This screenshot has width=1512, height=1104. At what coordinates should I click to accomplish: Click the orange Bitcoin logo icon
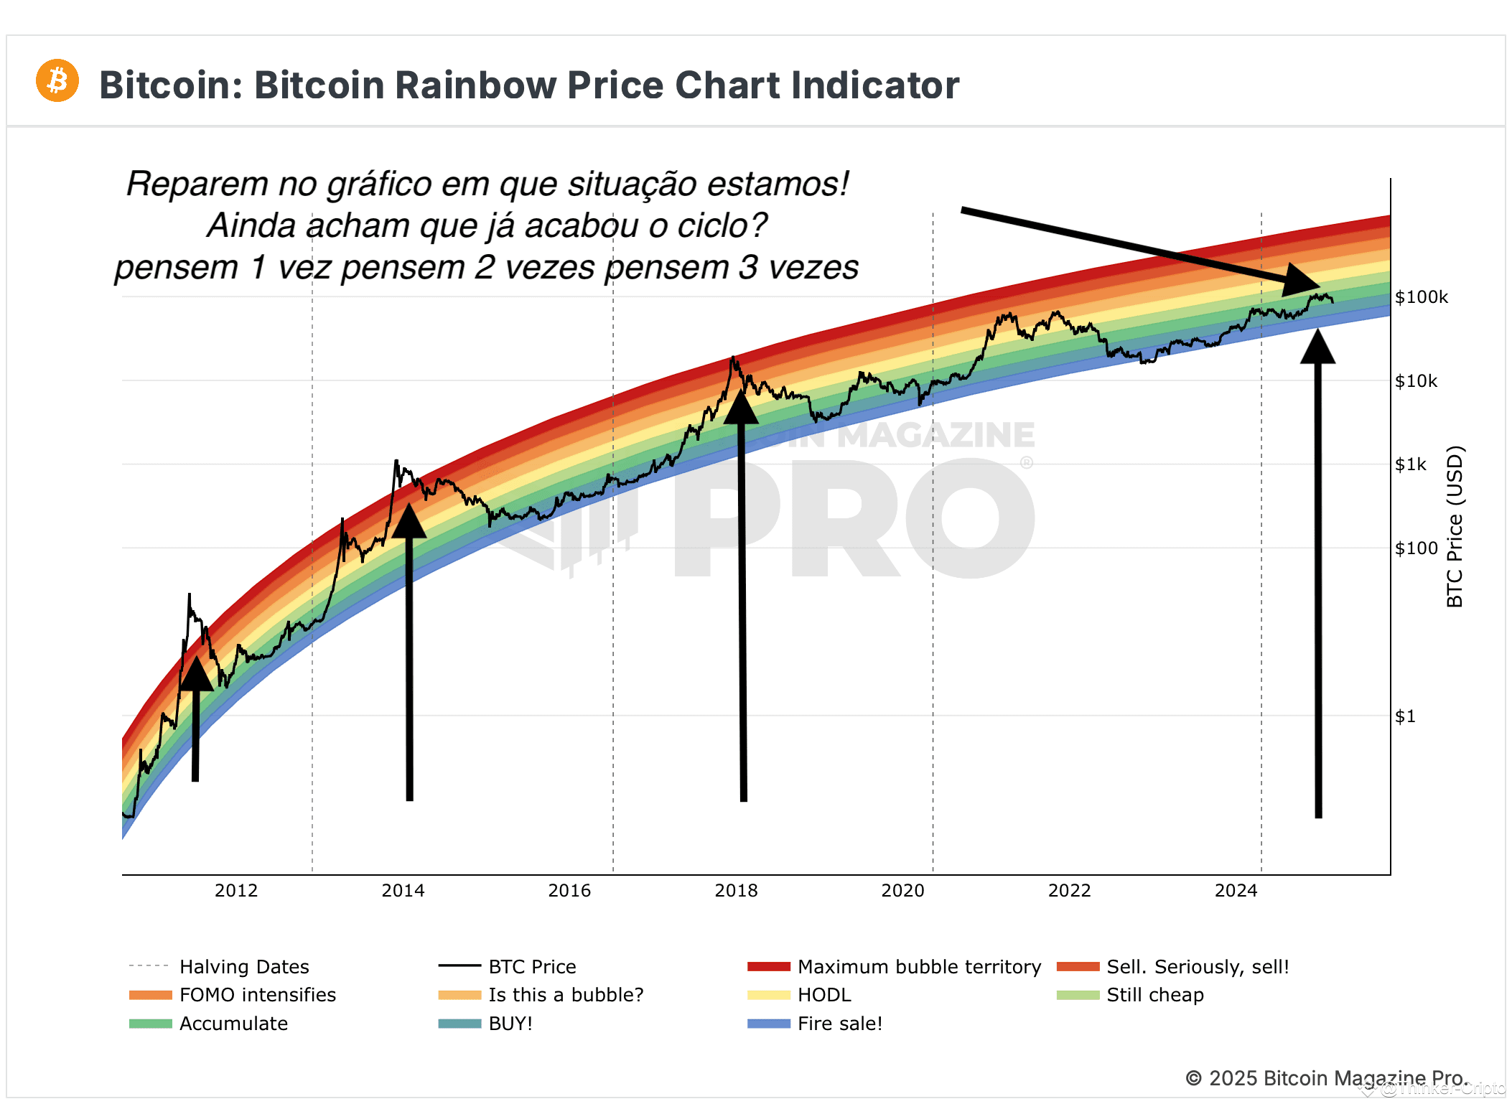click(57, 80)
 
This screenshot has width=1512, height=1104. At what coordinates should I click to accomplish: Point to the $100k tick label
click(1422, 297)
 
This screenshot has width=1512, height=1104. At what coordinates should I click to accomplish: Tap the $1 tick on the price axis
click(1405, 716)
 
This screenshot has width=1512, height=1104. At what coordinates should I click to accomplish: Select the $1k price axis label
click(1411, 464)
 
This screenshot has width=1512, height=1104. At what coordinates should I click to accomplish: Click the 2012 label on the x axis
click(236, 891)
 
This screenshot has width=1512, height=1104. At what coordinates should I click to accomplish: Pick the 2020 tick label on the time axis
click(902, 891)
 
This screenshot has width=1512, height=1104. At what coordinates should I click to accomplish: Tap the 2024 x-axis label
click(1236, 891)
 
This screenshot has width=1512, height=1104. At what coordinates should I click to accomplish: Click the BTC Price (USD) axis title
click(1455, 527)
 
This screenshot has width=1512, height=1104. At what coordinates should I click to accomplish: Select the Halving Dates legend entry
click(220, 967)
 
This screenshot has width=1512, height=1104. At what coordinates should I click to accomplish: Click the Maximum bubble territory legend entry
click(894, 967)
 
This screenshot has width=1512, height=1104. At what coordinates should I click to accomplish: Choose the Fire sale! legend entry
click(815, 1024)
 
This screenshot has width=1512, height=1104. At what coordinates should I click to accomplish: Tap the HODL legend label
click(824, 995)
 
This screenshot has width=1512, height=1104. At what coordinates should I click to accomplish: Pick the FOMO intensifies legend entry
click(233, 995)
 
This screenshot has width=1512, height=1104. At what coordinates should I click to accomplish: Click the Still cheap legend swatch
click(1078, 995)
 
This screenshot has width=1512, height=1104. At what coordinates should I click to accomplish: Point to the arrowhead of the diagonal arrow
click(1303, 281)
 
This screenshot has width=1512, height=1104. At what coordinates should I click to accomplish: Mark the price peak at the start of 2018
click(732, 357)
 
